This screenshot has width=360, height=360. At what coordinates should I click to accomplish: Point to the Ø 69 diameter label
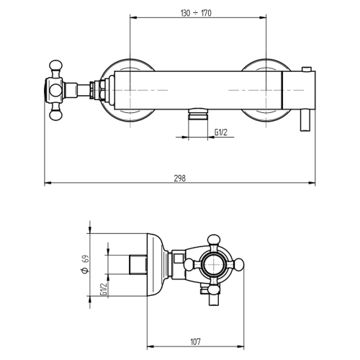(85, 266)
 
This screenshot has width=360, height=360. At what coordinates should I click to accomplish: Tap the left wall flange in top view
(128, 90)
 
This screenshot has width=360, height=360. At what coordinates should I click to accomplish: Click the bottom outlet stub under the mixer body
(195, 114)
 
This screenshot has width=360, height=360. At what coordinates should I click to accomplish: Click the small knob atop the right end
(307, 70)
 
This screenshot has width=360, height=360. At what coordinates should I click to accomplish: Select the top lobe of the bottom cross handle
(215, 240)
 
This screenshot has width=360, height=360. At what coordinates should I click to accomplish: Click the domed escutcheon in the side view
(157, 265)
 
